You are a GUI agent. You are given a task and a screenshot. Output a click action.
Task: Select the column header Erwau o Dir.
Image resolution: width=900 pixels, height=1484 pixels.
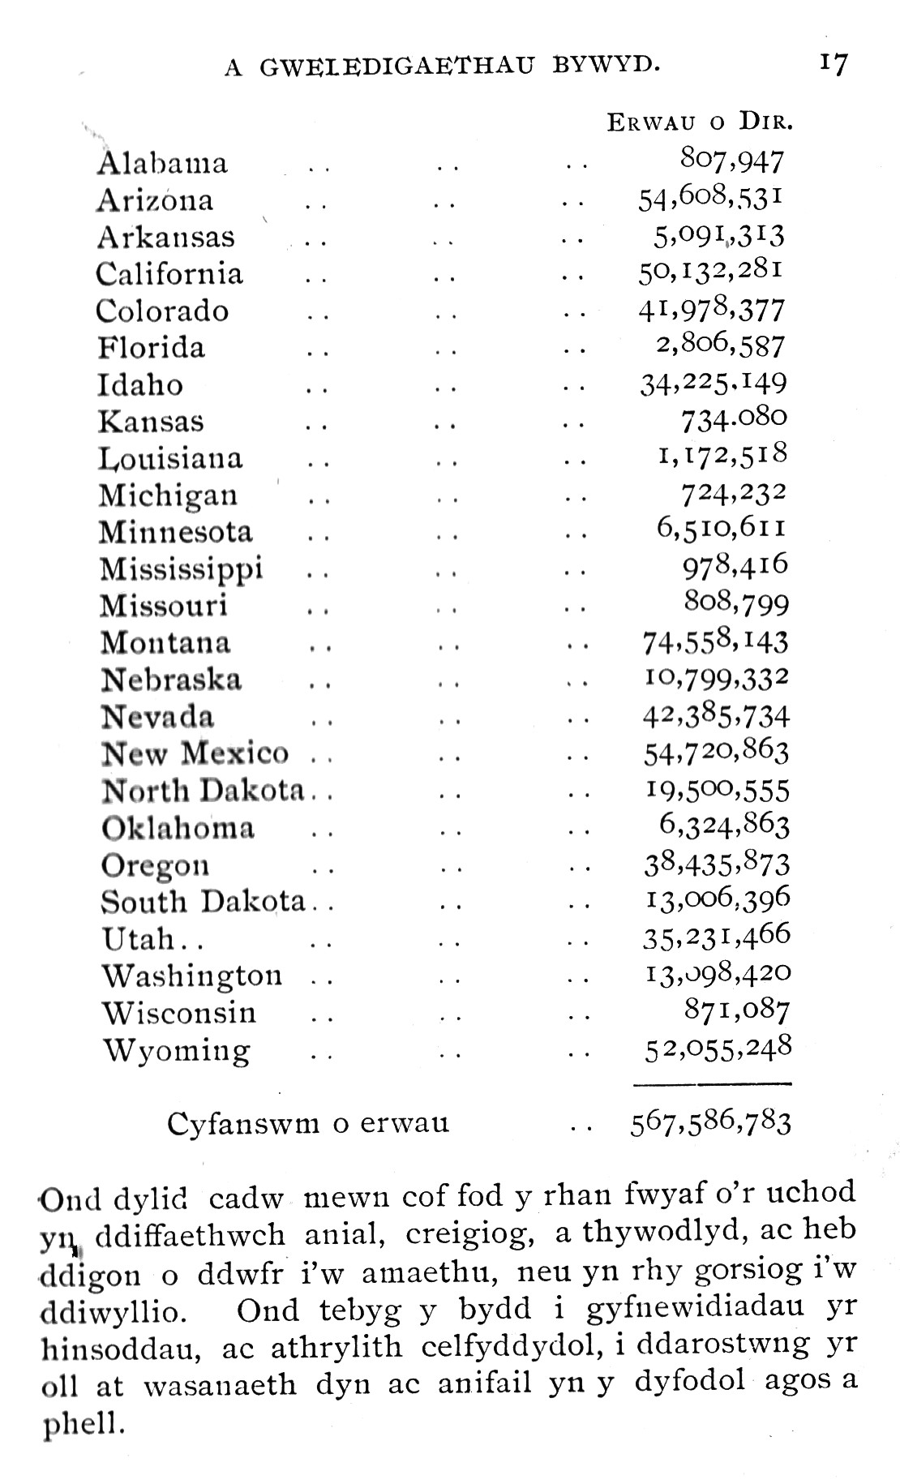tap(700, 122)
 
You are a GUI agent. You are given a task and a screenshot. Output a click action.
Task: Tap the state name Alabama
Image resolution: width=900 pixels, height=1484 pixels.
tap(162, 163)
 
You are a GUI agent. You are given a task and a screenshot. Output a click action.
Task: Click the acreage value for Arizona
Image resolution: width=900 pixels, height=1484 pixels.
tap(710, 199)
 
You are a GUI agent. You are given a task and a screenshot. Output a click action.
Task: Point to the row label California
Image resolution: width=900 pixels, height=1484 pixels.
tap(169, 273)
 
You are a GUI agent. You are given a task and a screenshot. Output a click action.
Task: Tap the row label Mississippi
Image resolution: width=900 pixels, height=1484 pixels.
tap(182, 568)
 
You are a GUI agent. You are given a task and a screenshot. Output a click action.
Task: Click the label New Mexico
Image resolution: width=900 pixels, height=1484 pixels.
tap(195, 753)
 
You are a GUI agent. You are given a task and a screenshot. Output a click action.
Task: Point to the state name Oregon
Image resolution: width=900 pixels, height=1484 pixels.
tap(156, 865)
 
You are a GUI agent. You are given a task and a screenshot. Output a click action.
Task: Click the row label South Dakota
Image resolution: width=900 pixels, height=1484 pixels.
tap(204, 902)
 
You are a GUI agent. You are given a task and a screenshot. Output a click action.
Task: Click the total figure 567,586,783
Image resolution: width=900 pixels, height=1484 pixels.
tap(710, 1123)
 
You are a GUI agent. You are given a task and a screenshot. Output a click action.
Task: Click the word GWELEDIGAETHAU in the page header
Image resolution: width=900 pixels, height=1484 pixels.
tap(397, 67)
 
